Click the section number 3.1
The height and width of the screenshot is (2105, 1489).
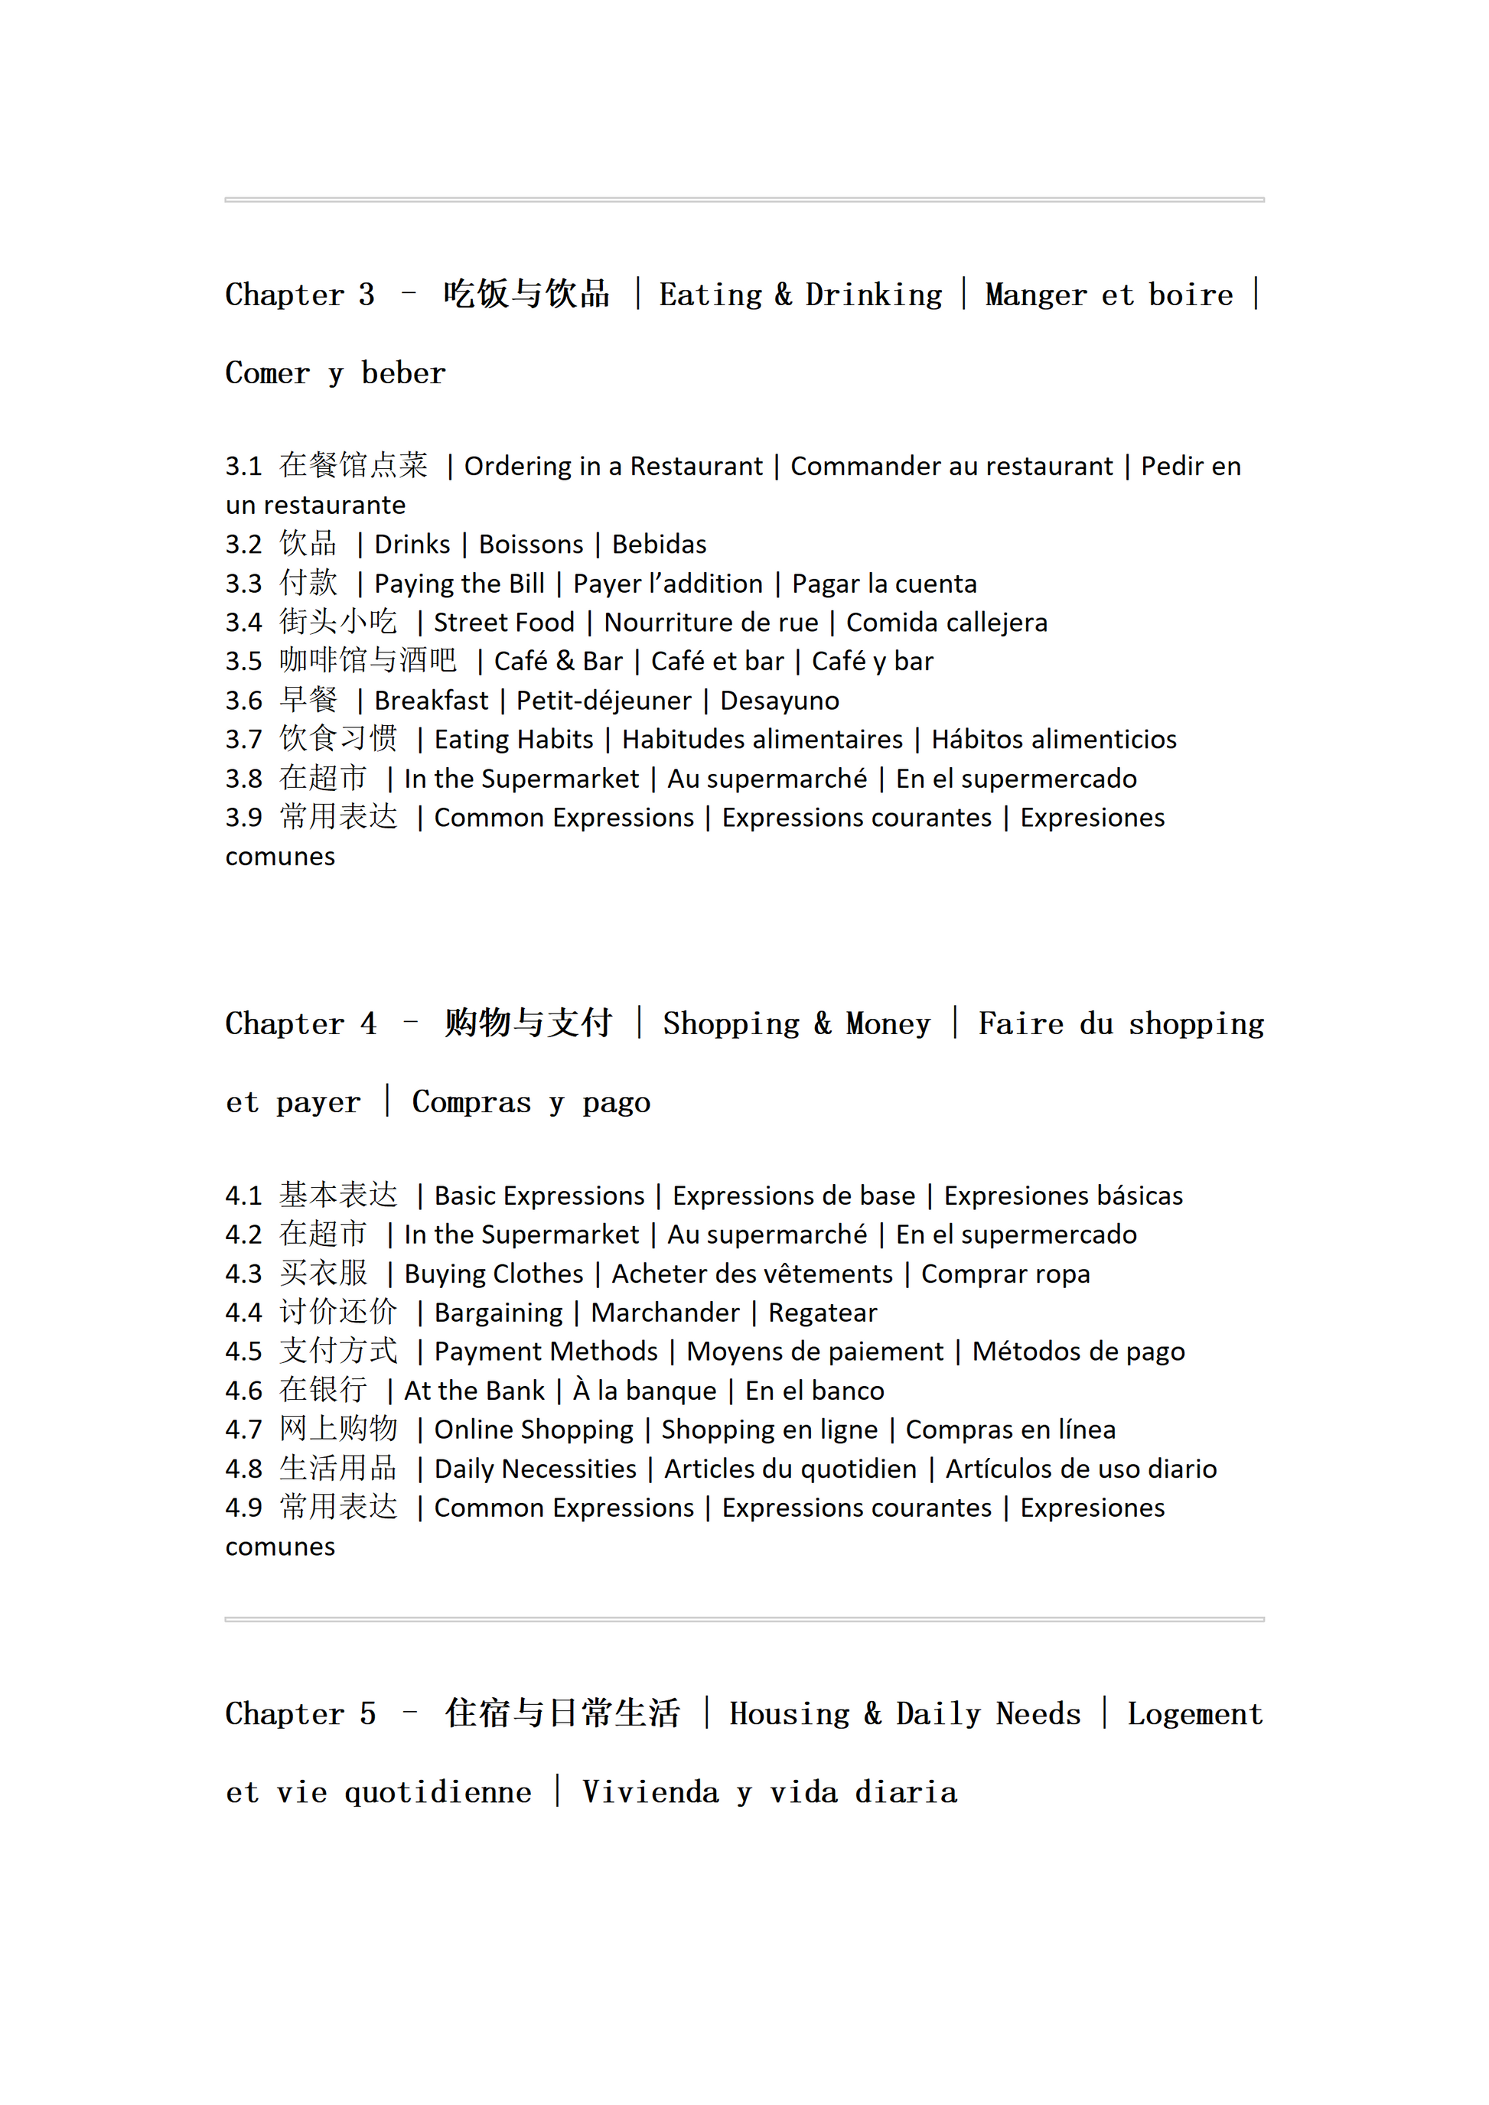244,467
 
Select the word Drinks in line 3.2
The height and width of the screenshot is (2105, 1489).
412,545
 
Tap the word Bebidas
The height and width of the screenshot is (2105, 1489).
660,545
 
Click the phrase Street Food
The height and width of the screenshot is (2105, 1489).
503,623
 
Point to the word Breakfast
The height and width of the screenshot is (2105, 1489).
431,701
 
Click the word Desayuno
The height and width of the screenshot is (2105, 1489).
780,701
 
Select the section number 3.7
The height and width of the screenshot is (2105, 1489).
244,740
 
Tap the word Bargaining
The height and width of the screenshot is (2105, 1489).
498,1313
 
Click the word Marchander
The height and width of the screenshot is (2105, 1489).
665,1313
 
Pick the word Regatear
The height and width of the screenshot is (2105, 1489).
823,1313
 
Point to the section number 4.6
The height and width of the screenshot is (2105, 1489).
244,1391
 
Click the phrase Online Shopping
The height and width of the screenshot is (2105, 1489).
533,1430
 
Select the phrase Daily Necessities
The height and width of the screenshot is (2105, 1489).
535,1469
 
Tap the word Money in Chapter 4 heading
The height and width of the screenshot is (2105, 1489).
888,1024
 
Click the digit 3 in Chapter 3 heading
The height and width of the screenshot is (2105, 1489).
366,295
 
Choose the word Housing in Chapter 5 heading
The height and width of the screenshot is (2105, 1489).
790,1714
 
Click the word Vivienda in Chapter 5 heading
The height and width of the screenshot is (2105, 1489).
650,1792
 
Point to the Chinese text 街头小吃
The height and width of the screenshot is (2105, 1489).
338,622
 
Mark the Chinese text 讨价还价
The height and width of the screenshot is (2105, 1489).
338,1312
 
